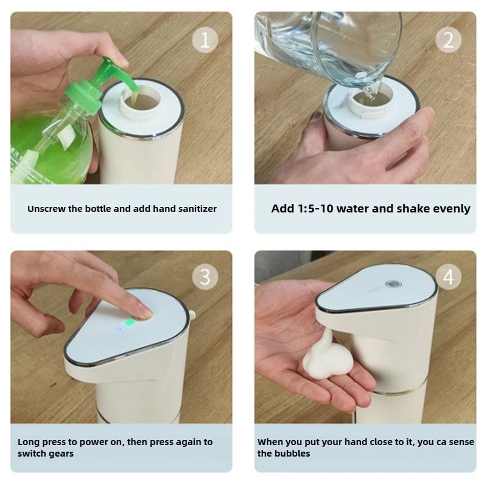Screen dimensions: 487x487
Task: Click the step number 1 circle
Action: point(205,40)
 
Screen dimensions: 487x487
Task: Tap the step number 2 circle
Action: point(448,40)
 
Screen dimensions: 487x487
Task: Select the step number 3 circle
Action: point(205,278)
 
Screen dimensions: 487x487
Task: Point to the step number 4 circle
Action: point(448,278)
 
